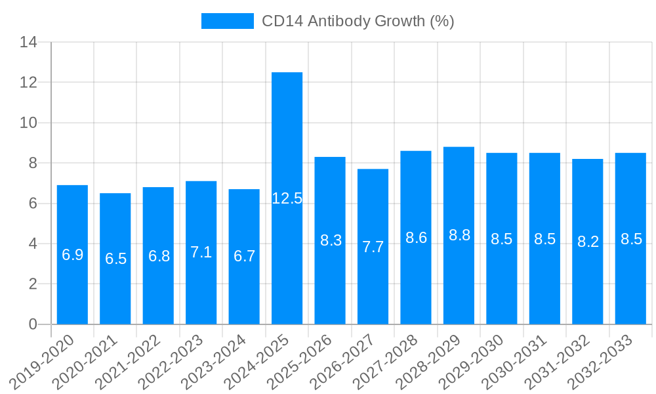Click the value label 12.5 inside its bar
287,198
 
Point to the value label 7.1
201,252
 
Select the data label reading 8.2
588,242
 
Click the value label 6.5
115,259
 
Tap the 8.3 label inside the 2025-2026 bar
330,240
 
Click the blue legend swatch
227,21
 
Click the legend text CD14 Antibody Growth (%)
358,21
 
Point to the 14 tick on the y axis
28,43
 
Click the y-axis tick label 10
28,123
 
